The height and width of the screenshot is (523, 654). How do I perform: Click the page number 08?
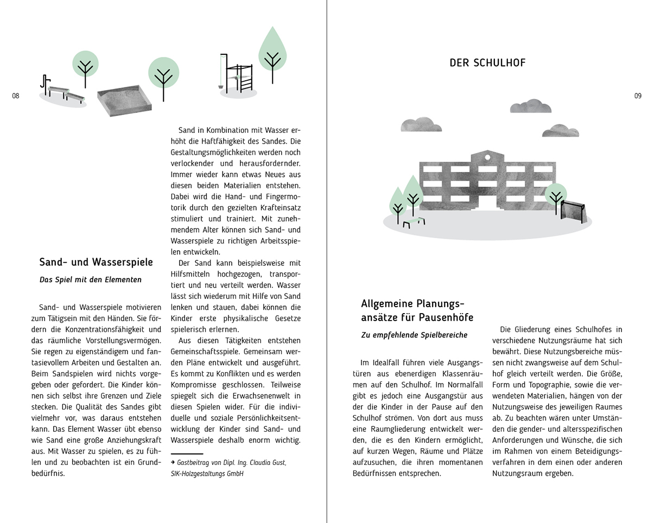pyautogui.click(x=15, y=96)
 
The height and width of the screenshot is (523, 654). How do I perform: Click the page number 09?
pyautogui.click(x=638, y=96)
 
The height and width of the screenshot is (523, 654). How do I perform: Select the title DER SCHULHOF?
pyautogui.click(x=487, y=63)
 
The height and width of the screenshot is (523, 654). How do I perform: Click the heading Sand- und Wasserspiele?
pyautogui.click(x=96, y=263)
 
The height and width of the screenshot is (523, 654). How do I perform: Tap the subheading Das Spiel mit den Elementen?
pyautogui.click(x=91, y=280)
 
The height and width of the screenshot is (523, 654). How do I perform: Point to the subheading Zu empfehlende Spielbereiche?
pyautogui.click(x=414, y=335)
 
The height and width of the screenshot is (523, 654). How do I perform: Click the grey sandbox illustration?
pyautogui.click(x=124, y=100)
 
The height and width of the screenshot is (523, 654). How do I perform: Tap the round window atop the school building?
pyautogui.click(x=487, y=157)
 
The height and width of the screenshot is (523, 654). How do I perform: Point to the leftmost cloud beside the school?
pyautogui.click(x=421, y=125)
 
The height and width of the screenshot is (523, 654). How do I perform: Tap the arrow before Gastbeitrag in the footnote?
pyautogui.click(x=173, y=463)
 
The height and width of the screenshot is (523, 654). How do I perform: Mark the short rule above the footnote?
pyautogui.click(x=187, y=453)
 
